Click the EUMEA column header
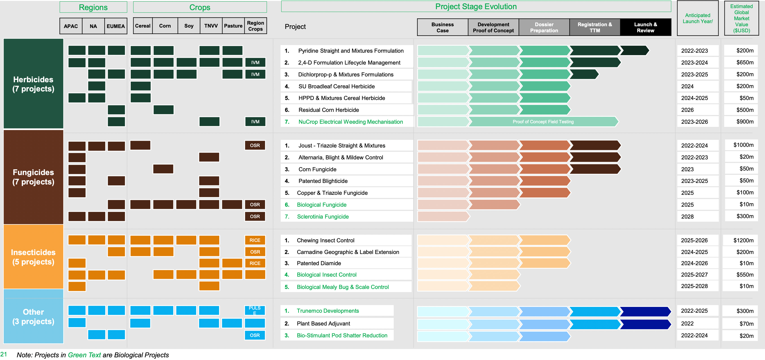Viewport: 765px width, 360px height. coord(115,26)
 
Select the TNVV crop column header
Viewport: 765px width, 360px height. coord(211,26)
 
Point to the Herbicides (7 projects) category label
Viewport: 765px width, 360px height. coord(33,84)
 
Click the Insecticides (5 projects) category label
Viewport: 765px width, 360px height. coord(33,257)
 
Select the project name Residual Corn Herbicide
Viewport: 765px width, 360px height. coord(328,110)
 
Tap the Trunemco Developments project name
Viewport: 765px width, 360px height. coord(328,311)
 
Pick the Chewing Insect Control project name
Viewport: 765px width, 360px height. coord(326,240)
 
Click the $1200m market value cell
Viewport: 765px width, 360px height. coord(743,240)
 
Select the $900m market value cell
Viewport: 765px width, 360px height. coord(745,122)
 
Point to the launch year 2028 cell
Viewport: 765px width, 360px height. coord(687,217)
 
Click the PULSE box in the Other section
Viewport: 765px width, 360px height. coord(255,310)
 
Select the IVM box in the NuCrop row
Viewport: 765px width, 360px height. coord(255,122)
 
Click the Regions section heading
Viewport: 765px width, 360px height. coord(93,7)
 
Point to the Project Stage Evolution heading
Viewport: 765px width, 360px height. coord(476,7)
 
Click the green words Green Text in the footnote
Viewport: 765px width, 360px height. coord(84,355)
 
